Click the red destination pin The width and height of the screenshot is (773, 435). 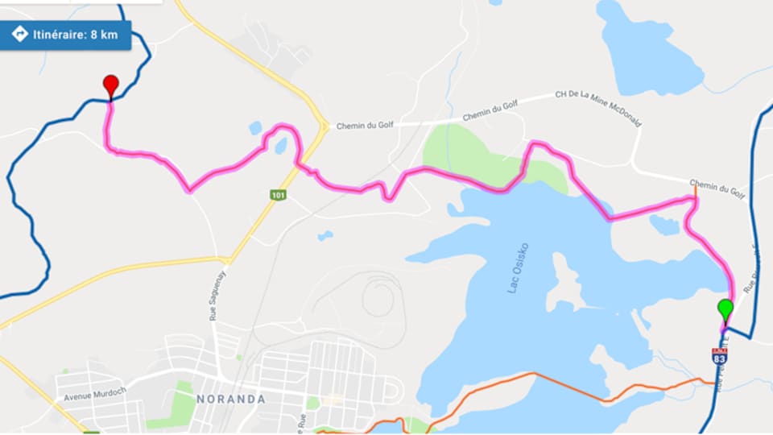click(111, 85)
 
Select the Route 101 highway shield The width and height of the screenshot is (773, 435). click(278, 195)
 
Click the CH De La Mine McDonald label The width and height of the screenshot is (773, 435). click(598, 107)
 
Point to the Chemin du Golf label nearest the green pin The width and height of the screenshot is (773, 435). click(716, 188)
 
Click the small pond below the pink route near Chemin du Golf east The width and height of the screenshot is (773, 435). click(665, 225)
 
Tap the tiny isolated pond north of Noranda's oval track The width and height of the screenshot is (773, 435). click(324, 236)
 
